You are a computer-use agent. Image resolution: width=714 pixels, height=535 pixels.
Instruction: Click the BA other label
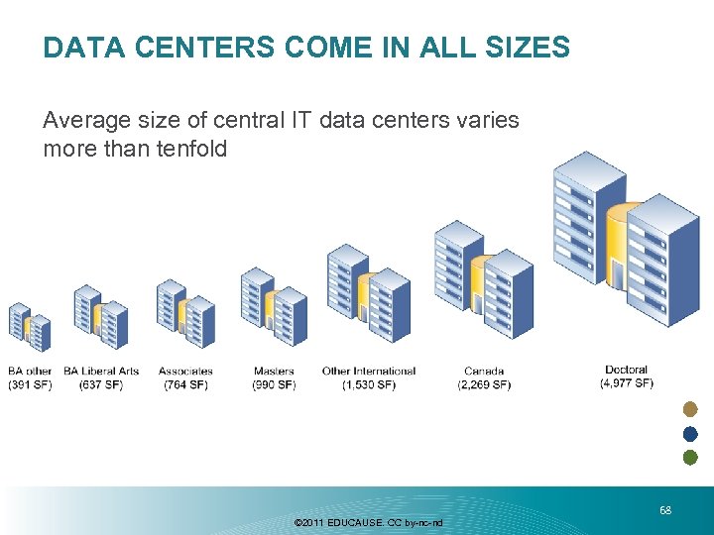pos(30,372)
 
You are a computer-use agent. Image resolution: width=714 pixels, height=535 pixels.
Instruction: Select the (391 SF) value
pos(30,384)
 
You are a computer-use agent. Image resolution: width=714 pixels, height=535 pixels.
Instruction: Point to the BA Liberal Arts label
pos(101,372)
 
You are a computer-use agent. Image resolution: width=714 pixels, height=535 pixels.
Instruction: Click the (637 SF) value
pos(101,384)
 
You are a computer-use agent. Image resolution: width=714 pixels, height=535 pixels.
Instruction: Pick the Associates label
pos(185,372)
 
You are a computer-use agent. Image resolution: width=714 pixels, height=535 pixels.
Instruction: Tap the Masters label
pos(274,372)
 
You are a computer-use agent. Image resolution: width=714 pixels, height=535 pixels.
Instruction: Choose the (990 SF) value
pos(274,384)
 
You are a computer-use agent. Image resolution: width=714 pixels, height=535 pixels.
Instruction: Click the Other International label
pos(369,372)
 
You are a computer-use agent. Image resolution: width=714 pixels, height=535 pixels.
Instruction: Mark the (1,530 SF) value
pos(369,384)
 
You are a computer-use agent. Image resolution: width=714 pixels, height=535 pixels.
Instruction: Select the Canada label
pos(483,372)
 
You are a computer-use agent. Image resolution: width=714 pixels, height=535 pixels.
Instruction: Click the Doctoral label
pos(626,370)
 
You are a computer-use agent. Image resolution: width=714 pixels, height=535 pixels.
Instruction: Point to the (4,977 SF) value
pos(626,382)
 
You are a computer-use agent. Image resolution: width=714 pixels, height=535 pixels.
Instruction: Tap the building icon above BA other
pos(29,327)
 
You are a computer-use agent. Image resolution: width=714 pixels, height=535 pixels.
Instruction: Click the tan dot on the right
pos(691,410)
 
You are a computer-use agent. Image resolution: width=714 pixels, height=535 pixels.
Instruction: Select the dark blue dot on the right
pos(691,434)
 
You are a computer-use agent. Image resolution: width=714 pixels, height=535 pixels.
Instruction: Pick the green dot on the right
pos(691,458)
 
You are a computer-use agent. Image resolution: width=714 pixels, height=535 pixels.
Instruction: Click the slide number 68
pos(665,510)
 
